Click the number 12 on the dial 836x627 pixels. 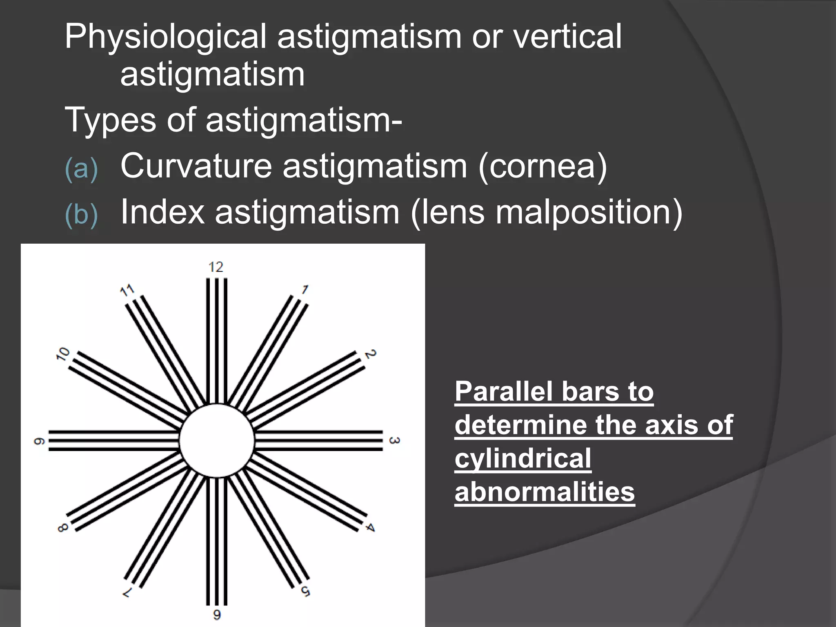pyautogui.click(x=216, y=267)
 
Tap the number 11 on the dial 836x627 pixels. pyautogui.click(x=127, y=291)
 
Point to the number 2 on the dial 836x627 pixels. pyautogui.click(x=370, y=354)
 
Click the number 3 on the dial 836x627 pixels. pyautogui.click(x=394, y=441)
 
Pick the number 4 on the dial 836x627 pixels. pyautogui.click(x=369, y=527)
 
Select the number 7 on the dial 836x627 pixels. pyautogui.click(x=128, y=592)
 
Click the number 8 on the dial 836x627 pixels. pyautogui.click(x=63, y=528)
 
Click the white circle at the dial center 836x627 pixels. pyautogui.click(x=217, y=440)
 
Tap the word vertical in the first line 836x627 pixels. pyautogui.click(x=567, y=37)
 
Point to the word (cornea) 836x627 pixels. pyautogui.click(x=543, y=167)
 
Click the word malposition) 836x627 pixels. pyautogui.click(x=589, y=213)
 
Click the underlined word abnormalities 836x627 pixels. pyautogui.click(x=545, y=491)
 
